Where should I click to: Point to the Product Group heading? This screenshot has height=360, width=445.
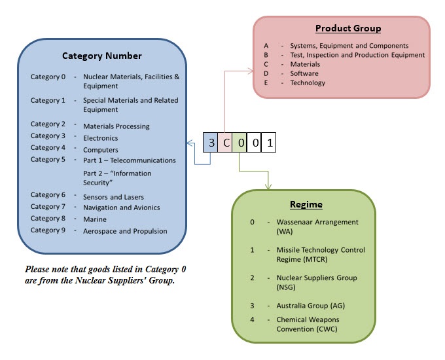click(x=347, y=29)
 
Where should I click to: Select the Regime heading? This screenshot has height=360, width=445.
click(x=306, y=205)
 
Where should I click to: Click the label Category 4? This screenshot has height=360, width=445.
click(x=48, y=148)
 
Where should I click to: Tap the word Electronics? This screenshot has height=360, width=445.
click(x=100, y=138)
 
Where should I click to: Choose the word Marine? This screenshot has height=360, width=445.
click(x=94, y=219)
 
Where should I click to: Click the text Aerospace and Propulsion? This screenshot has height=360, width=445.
click(x=125, y=231)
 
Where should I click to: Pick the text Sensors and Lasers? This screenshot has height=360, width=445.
click(x=113, y=197)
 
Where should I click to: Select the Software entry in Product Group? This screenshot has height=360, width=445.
click(x=304, y=74)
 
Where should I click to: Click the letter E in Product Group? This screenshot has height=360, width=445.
click(x=266, y=83)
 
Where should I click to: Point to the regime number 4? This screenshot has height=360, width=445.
click(x=253, y=319)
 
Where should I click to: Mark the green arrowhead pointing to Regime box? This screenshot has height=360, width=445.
click(x=268, y=187)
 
